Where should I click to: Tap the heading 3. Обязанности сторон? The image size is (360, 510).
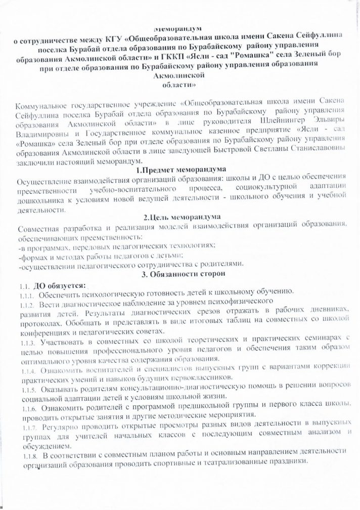pyautogui.click(x=178, y=274)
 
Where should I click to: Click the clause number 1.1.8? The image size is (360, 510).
pyautogui.click(x=26, y=457)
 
